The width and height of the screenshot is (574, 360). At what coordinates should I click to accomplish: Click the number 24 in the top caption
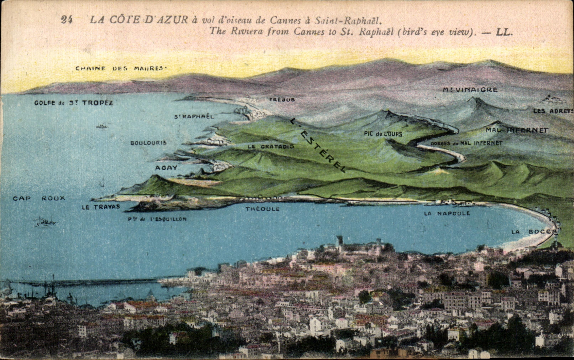tap(67, 19)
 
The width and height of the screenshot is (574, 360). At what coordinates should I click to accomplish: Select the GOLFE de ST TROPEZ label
tap(73, 103)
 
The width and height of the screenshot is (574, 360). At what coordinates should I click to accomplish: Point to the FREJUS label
tap(282, 100)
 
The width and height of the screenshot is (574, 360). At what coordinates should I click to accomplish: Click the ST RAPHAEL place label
tap(194, 116)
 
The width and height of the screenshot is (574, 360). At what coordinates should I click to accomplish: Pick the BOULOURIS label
tap(148, 143)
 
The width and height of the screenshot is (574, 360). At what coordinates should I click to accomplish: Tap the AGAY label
tap(166, 168)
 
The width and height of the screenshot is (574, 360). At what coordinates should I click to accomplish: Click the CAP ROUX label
tap(39, 198)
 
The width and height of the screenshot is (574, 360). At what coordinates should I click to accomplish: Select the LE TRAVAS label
tap(101, 207)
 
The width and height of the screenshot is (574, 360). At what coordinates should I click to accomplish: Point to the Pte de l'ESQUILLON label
tap(157, 219)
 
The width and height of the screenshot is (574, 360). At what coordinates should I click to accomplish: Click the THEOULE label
tap(262, 209)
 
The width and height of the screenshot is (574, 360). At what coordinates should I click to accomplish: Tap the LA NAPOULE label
tap(447, 213)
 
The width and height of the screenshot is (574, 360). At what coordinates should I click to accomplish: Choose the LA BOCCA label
tap(534, 232)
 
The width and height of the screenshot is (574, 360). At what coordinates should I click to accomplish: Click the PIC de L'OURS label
tap(383, 134)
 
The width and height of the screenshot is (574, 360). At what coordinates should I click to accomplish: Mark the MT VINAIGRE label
tap(470, 90)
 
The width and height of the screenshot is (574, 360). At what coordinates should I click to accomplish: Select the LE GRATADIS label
tap(271, 146)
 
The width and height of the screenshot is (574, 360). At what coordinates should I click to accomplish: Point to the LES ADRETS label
tap(553, 111)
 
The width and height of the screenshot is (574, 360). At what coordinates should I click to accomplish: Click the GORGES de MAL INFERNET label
tap(466, 143)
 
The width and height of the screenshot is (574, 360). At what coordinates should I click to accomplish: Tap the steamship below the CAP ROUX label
tap(46, 222)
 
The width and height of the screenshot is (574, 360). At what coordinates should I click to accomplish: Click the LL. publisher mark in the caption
tap(504, 32)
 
